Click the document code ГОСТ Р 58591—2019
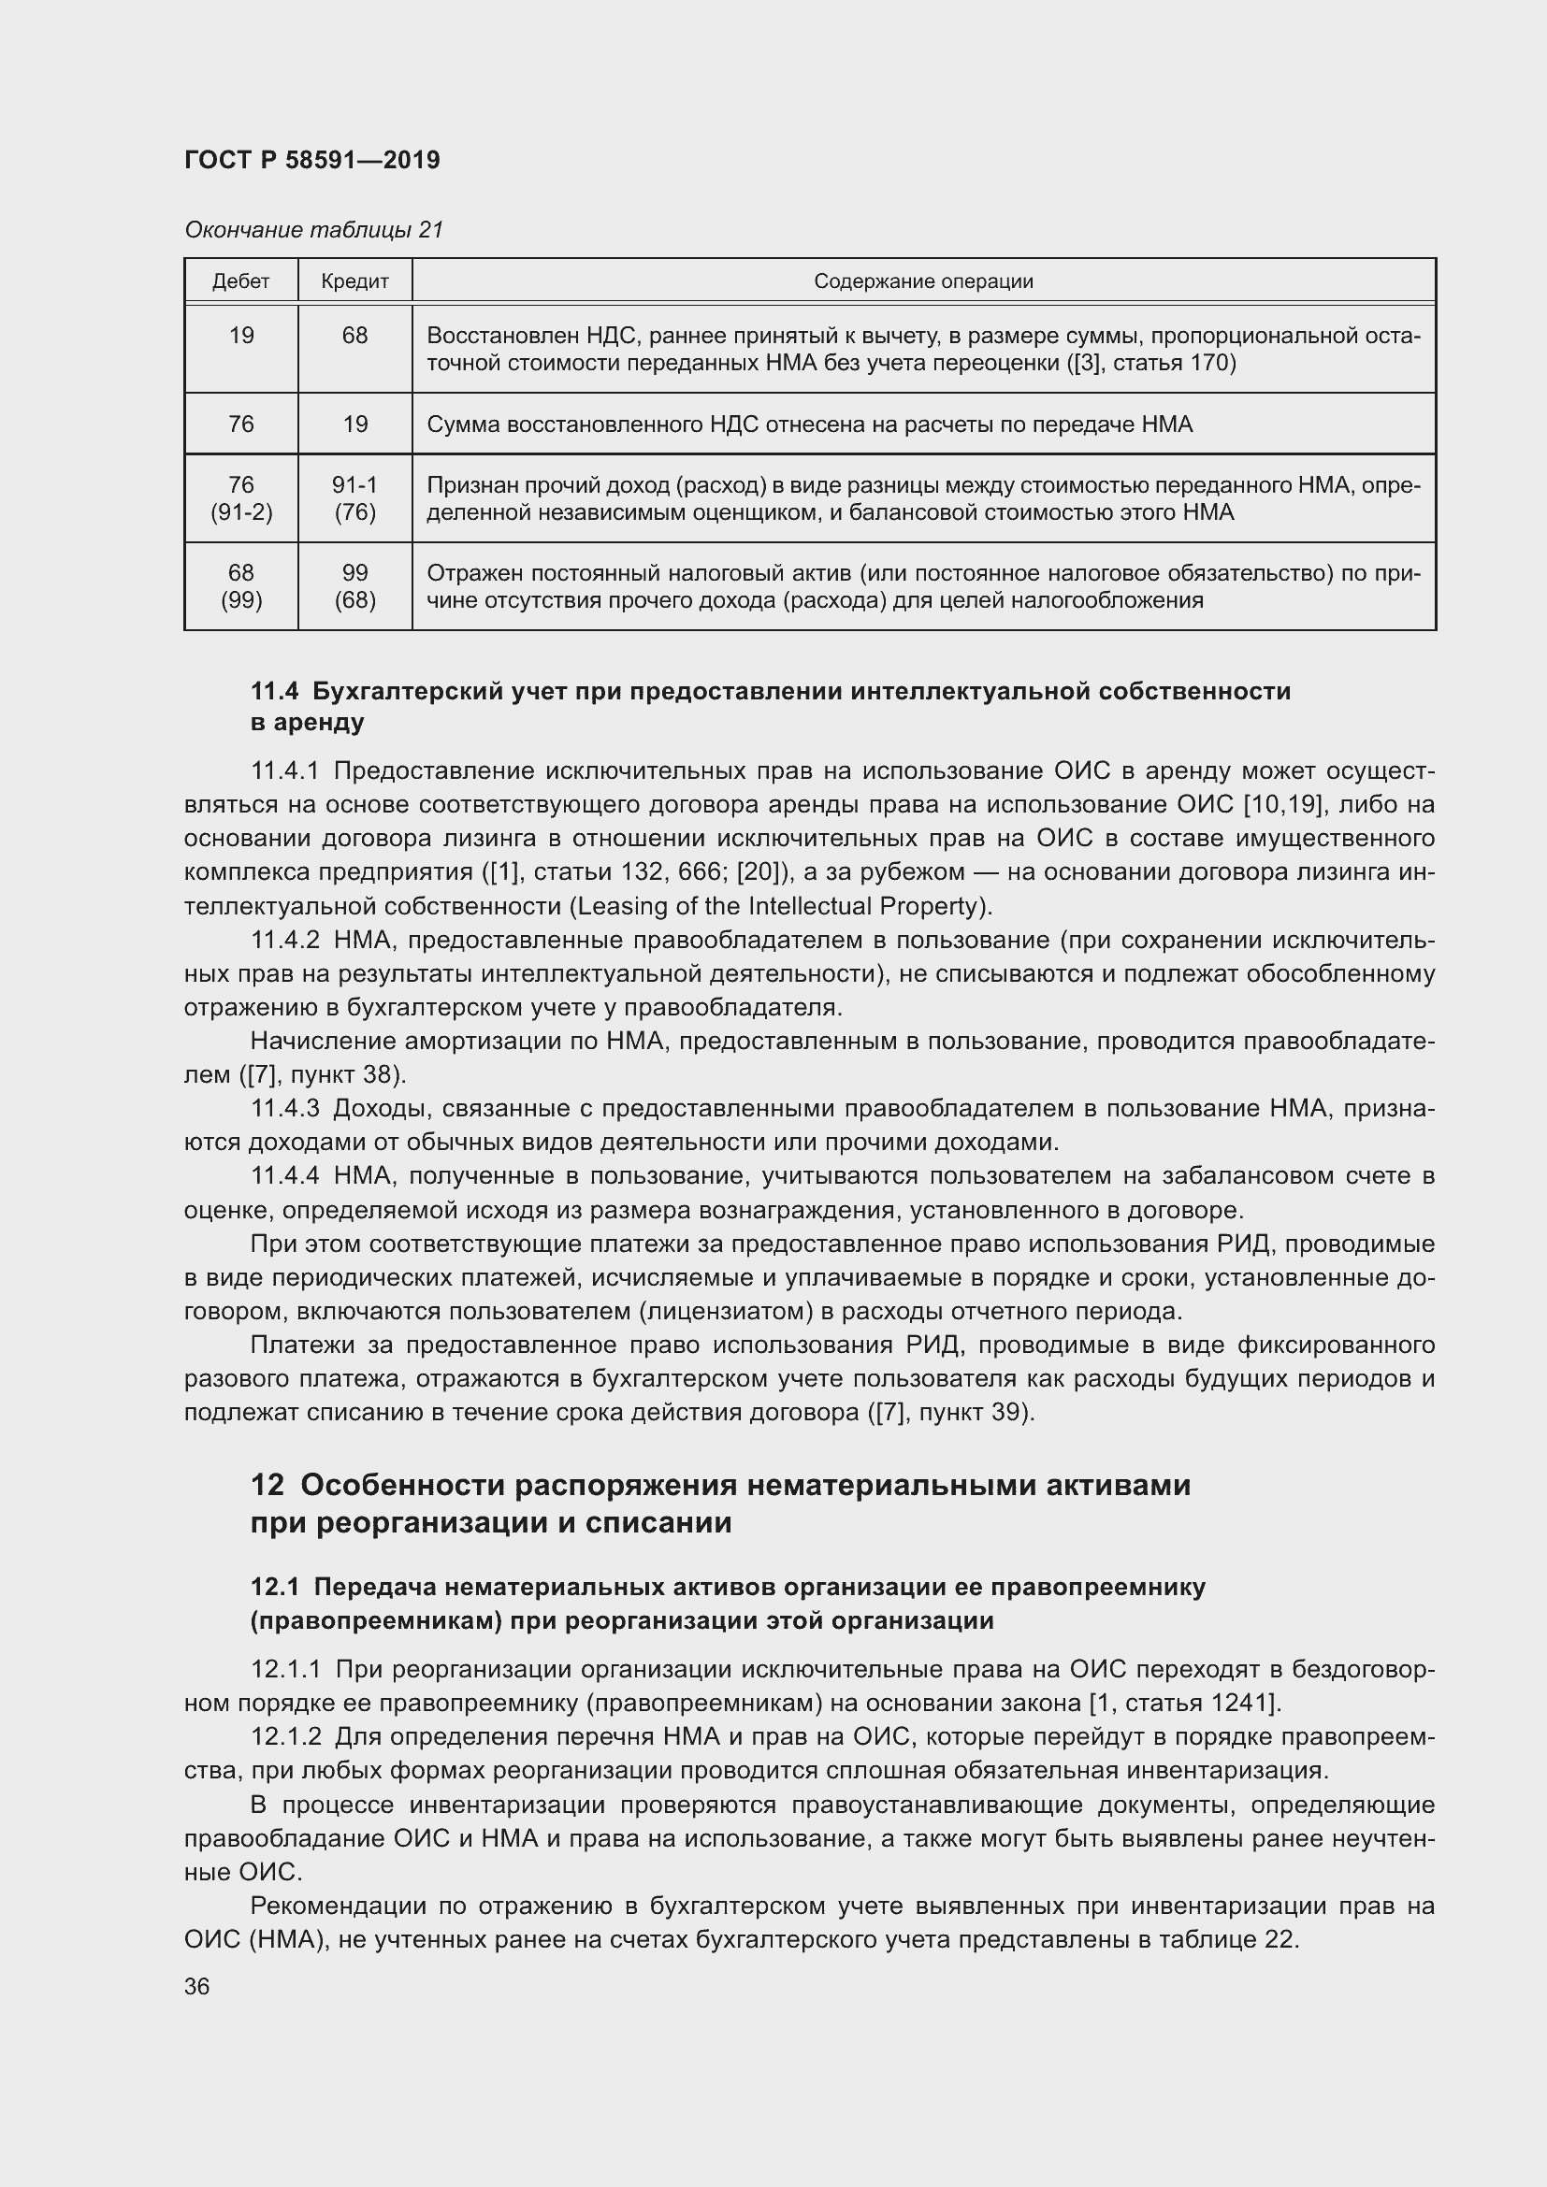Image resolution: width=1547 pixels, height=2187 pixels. click(x=311, y=160)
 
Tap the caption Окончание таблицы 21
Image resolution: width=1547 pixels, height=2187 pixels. click(x=313, y=230)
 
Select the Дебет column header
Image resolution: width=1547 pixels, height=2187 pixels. click(x=241, y=281)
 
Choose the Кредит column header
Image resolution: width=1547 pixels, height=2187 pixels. click(x=354, y=281)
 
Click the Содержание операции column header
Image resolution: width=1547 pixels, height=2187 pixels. click(x=922, y=281)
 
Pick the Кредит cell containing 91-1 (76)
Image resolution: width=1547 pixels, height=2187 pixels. click(x=354, y=498)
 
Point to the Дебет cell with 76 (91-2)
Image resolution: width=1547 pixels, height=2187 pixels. click(x=241, y=498)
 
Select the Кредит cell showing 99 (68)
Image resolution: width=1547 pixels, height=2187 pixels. click(x=354, y=586)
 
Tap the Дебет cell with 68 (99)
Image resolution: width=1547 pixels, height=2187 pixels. click(x=241, y=586)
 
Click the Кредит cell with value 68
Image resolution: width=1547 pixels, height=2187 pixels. click(x=354, y=336)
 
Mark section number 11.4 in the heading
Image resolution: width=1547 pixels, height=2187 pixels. click(x=275, y=692)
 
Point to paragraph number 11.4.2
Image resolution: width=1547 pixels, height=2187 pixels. click(x=284, y=940)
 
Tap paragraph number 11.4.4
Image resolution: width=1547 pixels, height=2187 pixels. click(x=284, y=1176)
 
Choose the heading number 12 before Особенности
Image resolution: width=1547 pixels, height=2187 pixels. click(x=267, y=1486)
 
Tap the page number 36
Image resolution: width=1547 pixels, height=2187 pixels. click(x=197, y=1987)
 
